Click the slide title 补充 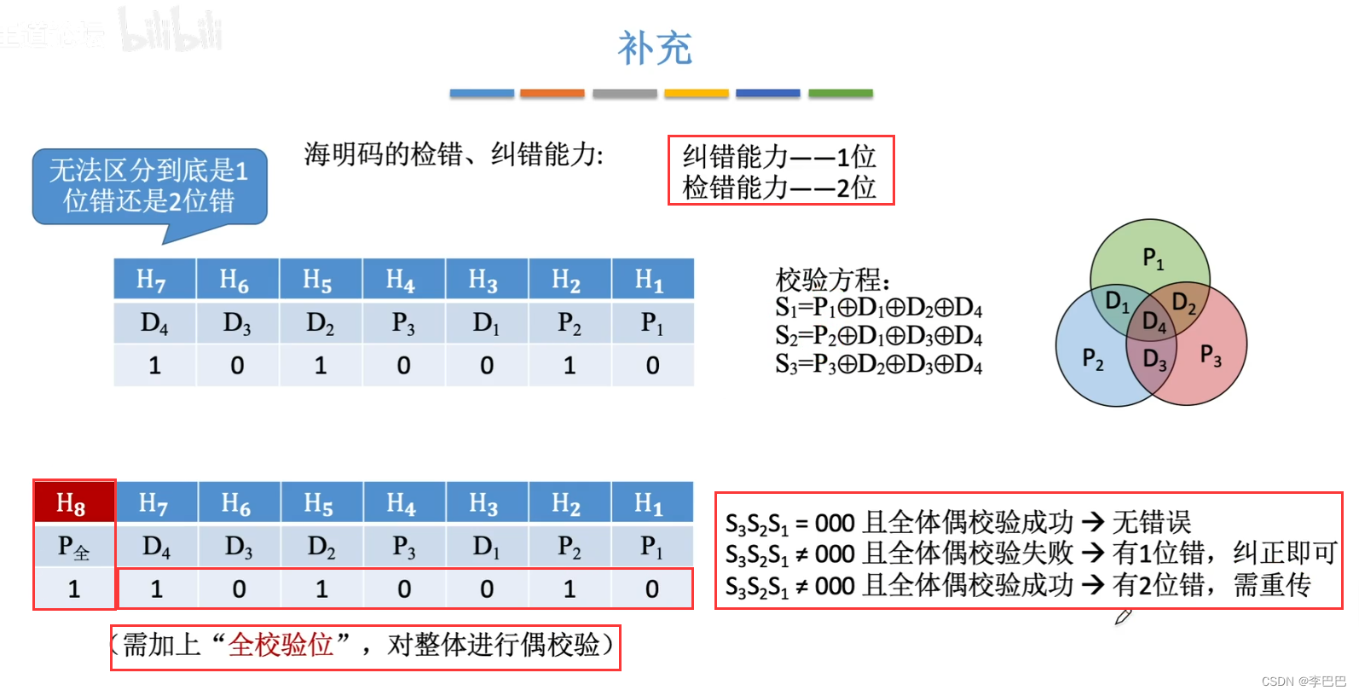(x=655, y=49)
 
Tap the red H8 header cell (x=74, y=503)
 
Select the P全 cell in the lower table (x=74, y=547)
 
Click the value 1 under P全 (x=74, y=589)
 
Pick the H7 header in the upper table (x=153, y=279)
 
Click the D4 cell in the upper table (x=154, y=322)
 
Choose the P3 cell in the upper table (x=403, y=322)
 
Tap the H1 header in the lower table (x=650, y=503)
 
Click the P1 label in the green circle (x=1153, y=257)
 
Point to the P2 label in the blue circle (x=1092, y=358)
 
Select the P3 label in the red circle (x=1211, y=355)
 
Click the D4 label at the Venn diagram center (x=1154, y=322)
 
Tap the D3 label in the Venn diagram (x=1154, y=360)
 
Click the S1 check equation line (x=878, y=307)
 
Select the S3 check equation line (x=878, y=365)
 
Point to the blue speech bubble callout (x=149, y=187)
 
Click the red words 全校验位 (x=280, y=645)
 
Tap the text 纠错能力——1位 (x=779, y=156)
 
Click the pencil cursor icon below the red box (x=1123, y=616)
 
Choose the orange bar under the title (x=552, y=93)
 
